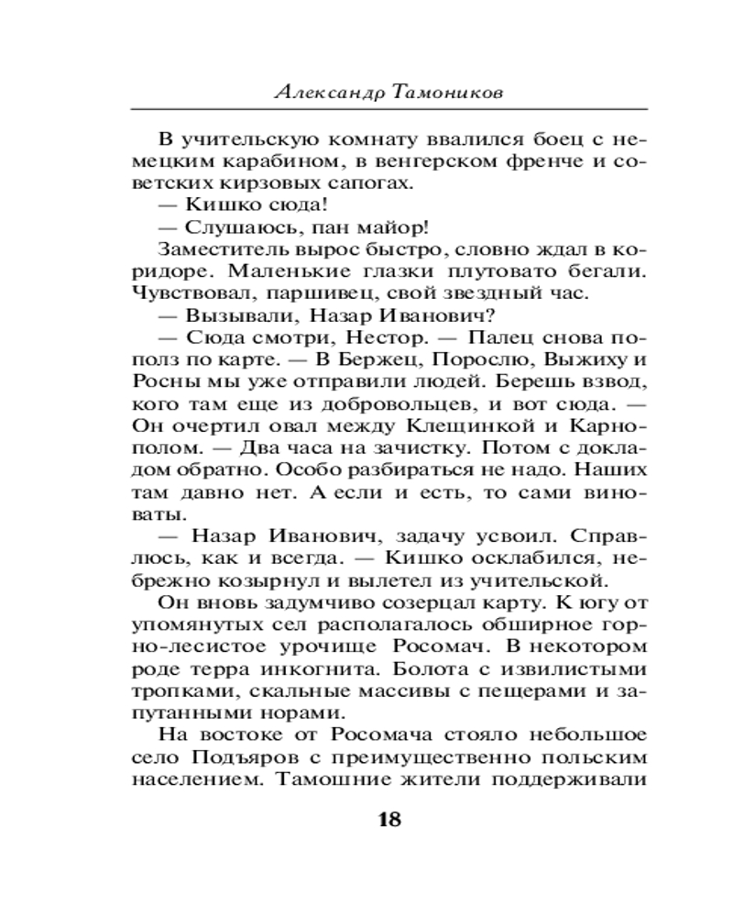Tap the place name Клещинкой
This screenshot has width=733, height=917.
440,426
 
